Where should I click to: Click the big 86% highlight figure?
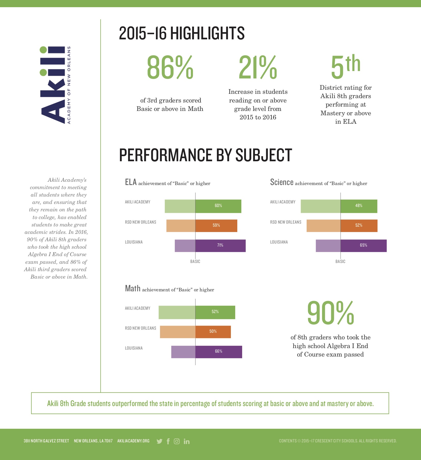170,67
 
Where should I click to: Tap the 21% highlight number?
258,67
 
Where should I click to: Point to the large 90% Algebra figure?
331,313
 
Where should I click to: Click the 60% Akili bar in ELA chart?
218,206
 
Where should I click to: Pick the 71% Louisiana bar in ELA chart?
220,246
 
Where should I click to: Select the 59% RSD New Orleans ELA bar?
216,226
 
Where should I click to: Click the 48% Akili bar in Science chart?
359,206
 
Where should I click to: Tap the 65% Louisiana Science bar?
364,246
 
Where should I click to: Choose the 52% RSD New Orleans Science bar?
359,226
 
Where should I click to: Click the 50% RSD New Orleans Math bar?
213,332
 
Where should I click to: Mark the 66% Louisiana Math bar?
219,352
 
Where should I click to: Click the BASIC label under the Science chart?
340,261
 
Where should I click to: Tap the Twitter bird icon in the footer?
159,441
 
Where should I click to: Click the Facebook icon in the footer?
168,441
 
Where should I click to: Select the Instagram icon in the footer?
177,441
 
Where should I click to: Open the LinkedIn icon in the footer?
187,441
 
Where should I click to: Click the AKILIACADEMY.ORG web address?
133,441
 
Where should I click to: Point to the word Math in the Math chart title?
133,289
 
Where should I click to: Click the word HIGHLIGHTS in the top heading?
207,33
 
